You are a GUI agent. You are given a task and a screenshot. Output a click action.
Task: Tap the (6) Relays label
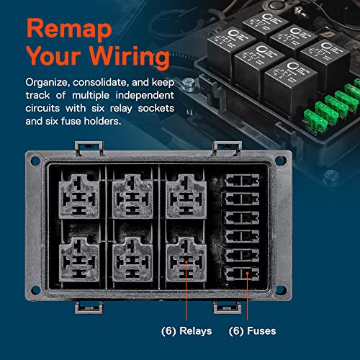(x=185, y=333)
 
